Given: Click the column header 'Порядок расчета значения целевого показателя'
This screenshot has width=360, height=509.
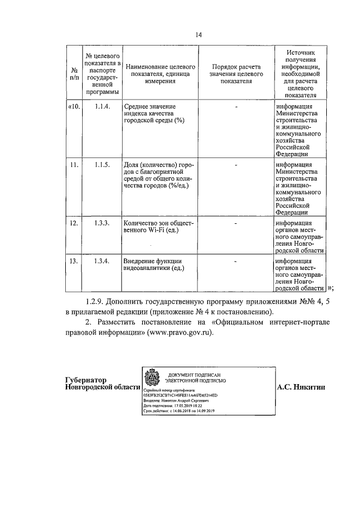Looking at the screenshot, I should coord(236,74).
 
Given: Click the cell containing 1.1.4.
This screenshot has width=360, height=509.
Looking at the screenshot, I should coord(102,106).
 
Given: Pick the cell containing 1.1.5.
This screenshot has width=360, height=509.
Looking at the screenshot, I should coord(102,165).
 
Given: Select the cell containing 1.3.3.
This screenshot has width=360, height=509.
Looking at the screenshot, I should coord(102,224).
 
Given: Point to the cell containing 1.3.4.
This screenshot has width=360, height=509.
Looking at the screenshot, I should coord(102,261).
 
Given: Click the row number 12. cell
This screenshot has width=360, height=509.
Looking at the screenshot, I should coord(74,224).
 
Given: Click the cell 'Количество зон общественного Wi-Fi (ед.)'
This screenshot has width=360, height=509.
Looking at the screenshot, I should coord(157,227).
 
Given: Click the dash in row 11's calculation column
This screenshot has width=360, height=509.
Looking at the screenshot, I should coord(236,165).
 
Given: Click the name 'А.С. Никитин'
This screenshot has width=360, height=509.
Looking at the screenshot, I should coord(301,388).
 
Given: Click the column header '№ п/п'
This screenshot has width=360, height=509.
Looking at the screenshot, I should coord(74,74).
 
